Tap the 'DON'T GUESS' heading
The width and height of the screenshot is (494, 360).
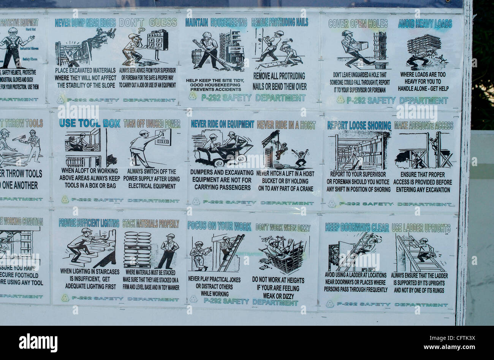click(x=148, y=23)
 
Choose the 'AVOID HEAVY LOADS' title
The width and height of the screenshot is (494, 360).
click(x=425, y=24)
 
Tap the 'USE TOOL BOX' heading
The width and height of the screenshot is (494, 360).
click(x=90, y=123)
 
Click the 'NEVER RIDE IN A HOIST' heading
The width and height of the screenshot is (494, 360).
click(x=286, y=124)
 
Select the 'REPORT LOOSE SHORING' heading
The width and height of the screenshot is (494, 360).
click(x=359, y=125)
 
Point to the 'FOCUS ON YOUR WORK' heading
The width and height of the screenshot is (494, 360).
click(x=219, y=226)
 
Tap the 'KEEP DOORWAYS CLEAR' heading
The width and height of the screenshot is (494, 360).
click(x=357, y=228)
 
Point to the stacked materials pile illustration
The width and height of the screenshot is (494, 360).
click(x=137, y=249)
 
